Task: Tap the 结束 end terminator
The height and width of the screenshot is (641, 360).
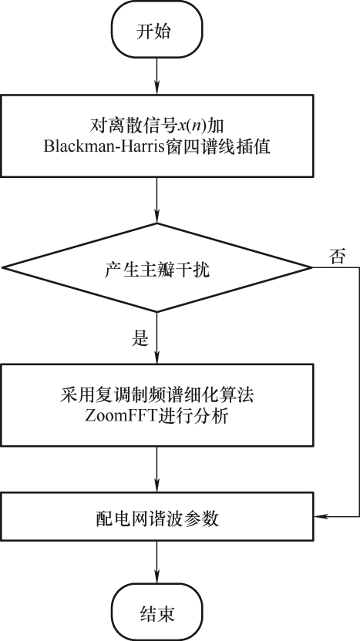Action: point(157,612)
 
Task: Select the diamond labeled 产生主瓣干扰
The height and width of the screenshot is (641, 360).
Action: point(157,268)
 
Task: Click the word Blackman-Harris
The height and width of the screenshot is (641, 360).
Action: point(105,146)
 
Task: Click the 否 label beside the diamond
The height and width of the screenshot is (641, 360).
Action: point(337,257)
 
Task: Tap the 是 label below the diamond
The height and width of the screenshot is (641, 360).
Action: point(139,338)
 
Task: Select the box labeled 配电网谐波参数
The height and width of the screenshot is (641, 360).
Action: point(157,517)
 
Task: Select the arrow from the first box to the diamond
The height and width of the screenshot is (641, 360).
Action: point(157,200)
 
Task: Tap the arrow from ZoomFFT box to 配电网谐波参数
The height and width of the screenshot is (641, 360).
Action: point(157,469)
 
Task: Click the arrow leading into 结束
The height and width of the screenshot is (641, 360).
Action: point(157,562)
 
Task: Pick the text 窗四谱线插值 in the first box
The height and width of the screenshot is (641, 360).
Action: point(218,146)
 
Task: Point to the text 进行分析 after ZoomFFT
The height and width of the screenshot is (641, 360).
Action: point(183,418)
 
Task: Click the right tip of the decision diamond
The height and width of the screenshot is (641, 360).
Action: point(313,268)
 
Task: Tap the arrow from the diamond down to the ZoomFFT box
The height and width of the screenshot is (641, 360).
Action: point(157,337)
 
